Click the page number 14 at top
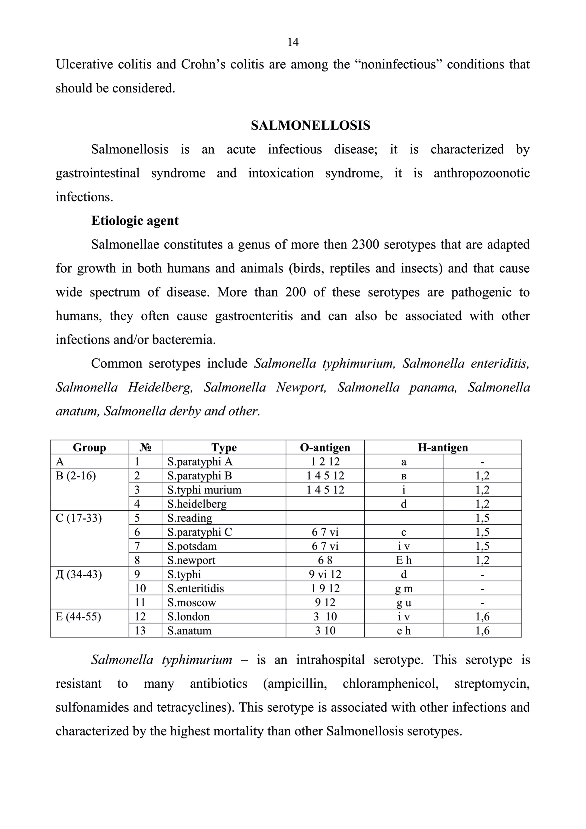[x=293, y=42]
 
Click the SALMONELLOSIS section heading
[x=310, y=125]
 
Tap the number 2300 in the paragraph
[x=365, y=244]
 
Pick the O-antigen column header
[x=325, y=447]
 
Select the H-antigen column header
[x=443, y=447]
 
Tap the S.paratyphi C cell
[x=199, y=532]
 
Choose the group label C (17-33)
[x=79, y=518]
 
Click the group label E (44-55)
[x=78, y=616]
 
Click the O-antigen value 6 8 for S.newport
[x=325, y=560]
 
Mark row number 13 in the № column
[x=140, y=630]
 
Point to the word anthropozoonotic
[x=481, y=173]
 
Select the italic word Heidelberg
[x=160, y=387]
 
